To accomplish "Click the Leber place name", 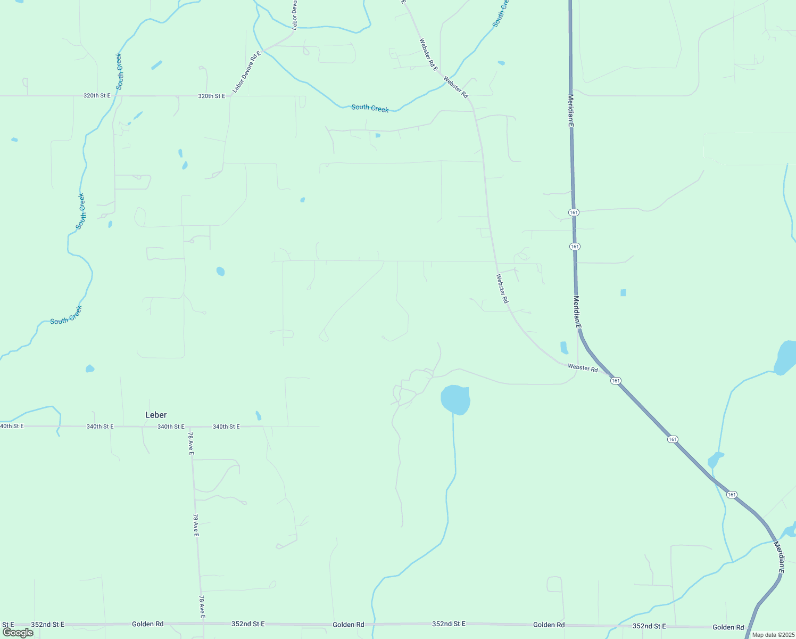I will pos(156,415).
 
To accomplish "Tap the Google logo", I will pos(18,633).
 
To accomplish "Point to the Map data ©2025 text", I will pos(773,635).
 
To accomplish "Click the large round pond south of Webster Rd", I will pos(455,399).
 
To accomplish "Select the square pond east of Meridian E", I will pos(623,292).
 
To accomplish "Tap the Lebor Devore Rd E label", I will pos(246,71).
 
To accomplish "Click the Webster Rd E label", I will pos(428,55).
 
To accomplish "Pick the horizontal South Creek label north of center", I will pos(370,108).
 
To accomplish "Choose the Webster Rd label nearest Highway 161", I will pos(583,367).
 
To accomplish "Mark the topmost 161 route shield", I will pos(574,212).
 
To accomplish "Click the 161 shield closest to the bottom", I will pos(732,495).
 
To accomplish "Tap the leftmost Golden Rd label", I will pos(148,624).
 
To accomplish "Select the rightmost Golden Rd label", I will pos(728,627).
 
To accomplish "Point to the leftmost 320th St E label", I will pos(97,95).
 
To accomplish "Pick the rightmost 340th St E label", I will pos(226,427).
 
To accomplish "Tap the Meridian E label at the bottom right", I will pos(778,557).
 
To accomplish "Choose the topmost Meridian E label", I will pos(571,110).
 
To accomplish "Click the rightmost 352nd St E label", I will pos(649,626).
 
